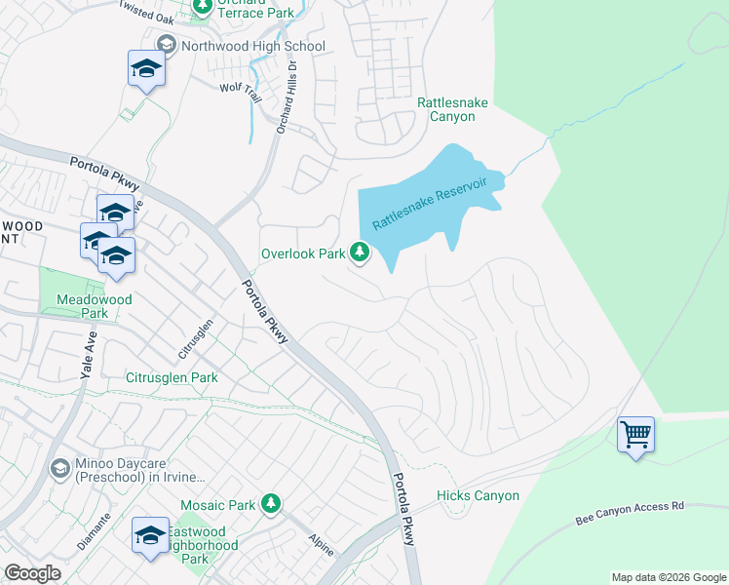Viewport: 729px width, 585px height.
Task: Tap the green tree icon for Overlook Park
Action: pos(361,253)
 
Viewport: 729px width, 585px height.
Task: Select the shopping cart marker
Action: pos(635,434)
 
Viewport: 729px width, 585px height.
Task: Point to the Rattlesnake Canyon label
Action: pos(445,109)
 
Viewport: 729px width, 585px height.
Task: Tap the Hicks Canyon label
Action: pos(478,496)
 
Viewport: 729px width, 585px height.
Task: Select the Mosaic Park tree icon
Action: pos(271,504)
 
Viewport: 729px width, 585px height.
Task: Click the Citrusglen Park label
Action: pos(173,377)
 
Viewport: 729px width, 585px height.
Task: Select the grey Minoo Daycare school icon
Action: pos(59,470)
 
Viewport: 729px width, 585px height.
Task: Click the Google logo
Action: pos(33,573)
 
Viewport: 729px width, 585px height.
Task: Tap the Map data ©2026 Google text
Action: pos(668,577)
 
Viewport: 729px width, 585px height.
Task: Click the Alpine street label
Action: pos(321,544)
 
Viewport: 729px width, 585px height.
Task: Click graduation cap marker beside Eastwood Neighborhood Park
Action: pos(150,535)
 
